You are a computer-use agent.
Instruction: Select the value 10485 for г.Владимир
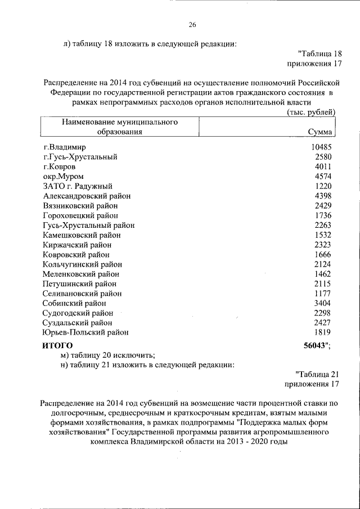[321, 147]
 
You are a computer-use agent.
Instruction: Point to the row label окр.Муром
[63, 177]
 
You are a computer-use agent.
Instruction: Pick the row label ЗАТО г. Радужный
[78, 186]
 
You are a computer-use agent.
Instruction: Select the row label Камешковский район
[82, 235]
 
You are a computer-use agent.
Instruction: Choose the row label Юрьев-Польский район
[85, 332]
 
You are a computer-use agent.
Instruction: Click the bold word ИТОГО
[58, 345]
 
